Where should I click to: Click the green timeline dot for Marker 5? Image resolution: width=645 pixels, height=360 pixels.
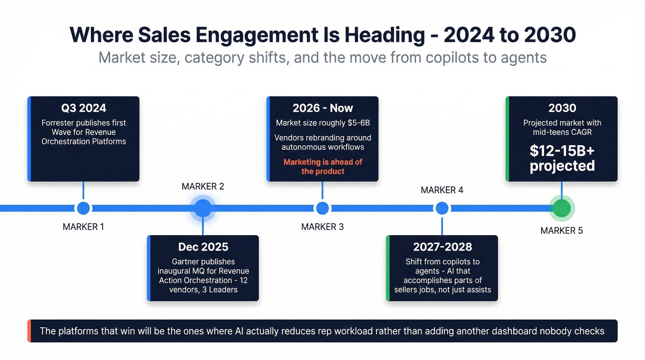coord(562,208)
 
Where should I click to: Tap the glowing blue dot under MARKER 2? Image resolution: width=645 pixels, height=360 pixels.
coord(203,208)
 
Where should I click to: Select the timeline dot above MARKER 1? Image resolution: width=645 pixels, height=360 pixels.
coord(83,208)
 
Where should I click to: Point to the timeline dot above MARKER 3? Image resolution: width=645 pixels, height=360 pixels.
coord(322,208)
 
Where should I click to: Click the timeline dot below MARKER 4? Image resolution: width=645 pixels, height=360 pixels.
coord(442,208)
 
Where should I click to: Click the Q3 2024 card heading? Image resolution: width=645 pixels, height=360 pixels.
coord(83,108)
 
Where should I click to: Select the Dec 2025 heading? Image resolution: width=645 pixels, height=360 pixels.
coord(203,247)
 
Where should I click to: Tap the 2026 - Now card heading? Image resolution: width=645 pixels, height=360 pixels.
coord(322,108)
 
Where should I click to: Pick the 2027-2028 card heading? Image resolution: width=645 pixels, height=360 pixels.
coord(442,247)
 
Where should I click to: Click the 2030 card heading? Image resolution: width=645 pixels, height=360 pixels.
coord(562,108)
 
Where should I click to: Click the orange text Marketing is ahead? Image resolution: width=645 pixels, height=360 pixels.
coord(322,162)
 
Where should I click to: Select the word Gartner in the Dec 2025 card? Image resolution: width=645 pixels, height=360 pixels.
coord(187,262)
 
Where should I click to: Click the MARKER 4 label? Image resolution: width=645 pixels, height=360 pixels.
coord(442,190)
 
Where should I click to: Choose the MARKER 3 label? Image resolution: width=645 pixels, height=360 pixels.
coord(322,227)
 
